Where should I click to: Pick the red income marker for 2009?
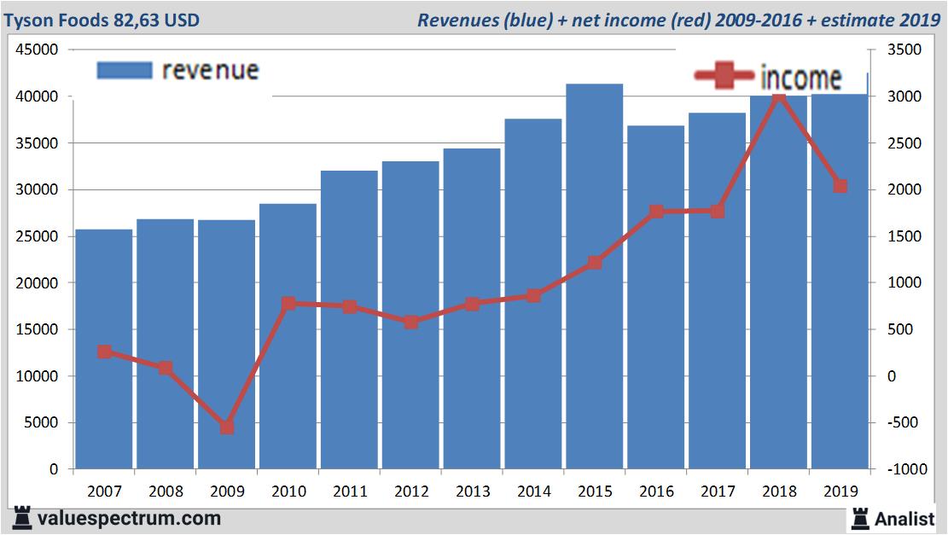pyautogui.click(x=227, y=427)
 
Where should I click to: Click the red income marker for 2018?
pyautogui.click(x=778, y=98)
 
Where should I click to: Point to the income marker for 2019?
pyautogui.click(x=840, y=186)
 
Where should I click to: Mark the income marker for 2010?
pyautogui.click(x=288, y=303)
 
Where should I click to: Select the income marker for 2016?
pyautogui.click(x=656, y=212)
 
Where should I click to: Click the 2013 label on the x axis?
pyautogui.click(x=472, y=491)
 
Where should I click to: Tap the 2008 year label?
pyautogui.click(x=166, y=491)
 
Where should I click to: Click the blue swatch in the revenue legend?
pyautogui.click(x=125, y=70)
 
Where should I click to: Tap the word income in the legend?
pyautogui.click(x=800, y=78)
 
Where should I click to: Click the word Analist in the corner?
pyautogui.click(x=904, y=518)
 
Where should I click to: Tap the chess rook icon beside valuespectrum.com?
pyautogui.click(x=23, y=517)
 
